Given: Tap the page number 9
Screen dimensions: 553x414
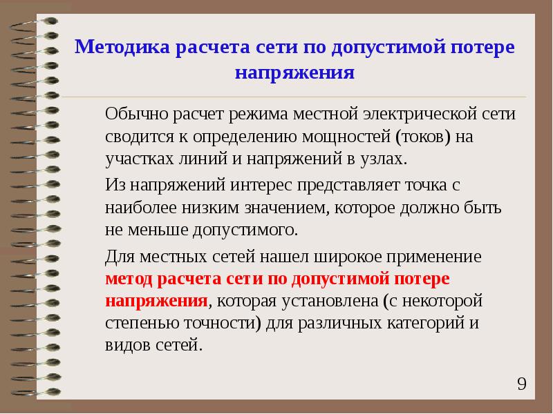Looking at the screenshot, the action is (522, 384).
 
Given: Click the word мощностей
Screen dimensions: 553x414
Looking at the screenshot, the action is (346, 137).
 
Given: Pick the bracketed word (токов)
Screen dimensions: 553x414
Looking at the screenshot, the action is (423, 137).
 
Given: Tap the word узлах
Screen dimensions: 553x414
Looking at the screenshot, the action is (384, 159).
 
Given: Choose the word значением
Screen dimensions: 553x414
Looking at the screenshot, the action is (287, 208).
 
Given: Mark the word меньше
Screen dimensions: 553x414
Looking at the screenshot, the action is (158, 230).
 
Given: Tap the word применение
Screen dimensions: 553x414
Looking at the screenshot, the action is (434, 257).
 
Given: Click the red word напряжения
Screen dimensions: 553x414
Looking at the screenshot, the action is (156, 302).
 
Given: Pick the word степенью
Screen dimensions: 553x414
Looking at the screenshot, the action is (142, 324).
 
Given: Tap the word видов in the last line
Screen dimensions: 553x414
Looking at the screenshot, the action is (128, 346).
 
